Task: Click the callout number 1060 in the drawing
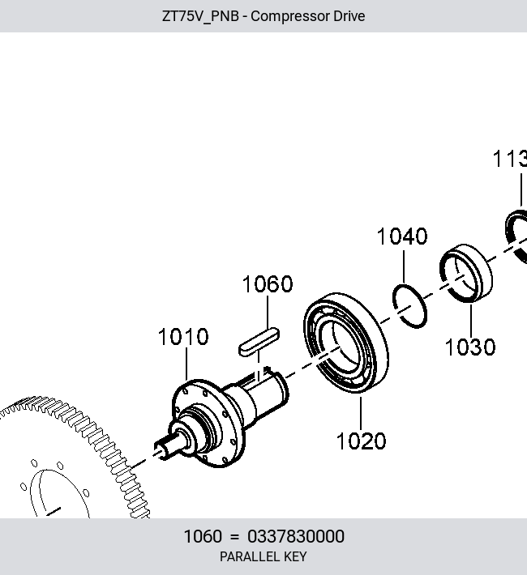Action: click(268, 283)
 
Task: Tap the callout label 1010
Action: click(183, 337)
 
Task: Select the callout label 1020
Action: click(361, 441)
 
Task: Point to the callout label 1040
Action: click(402, 236)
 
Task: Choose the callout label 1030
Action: click(470, 347)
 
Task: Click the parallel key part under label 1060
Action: click(259, 342)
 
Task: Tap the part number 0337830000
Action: click(296, 536)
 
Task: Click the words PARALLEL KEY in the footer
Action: click(263, 556)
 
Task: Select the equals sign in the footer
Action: click(234, 537)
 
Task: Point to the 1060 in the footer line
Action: click(203, 536)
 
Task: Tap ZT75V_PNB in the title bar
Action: click(200, 16)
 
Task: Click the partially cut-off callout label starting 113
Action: click(510, 159)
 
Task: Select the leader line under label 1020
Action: click(361, 413)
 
